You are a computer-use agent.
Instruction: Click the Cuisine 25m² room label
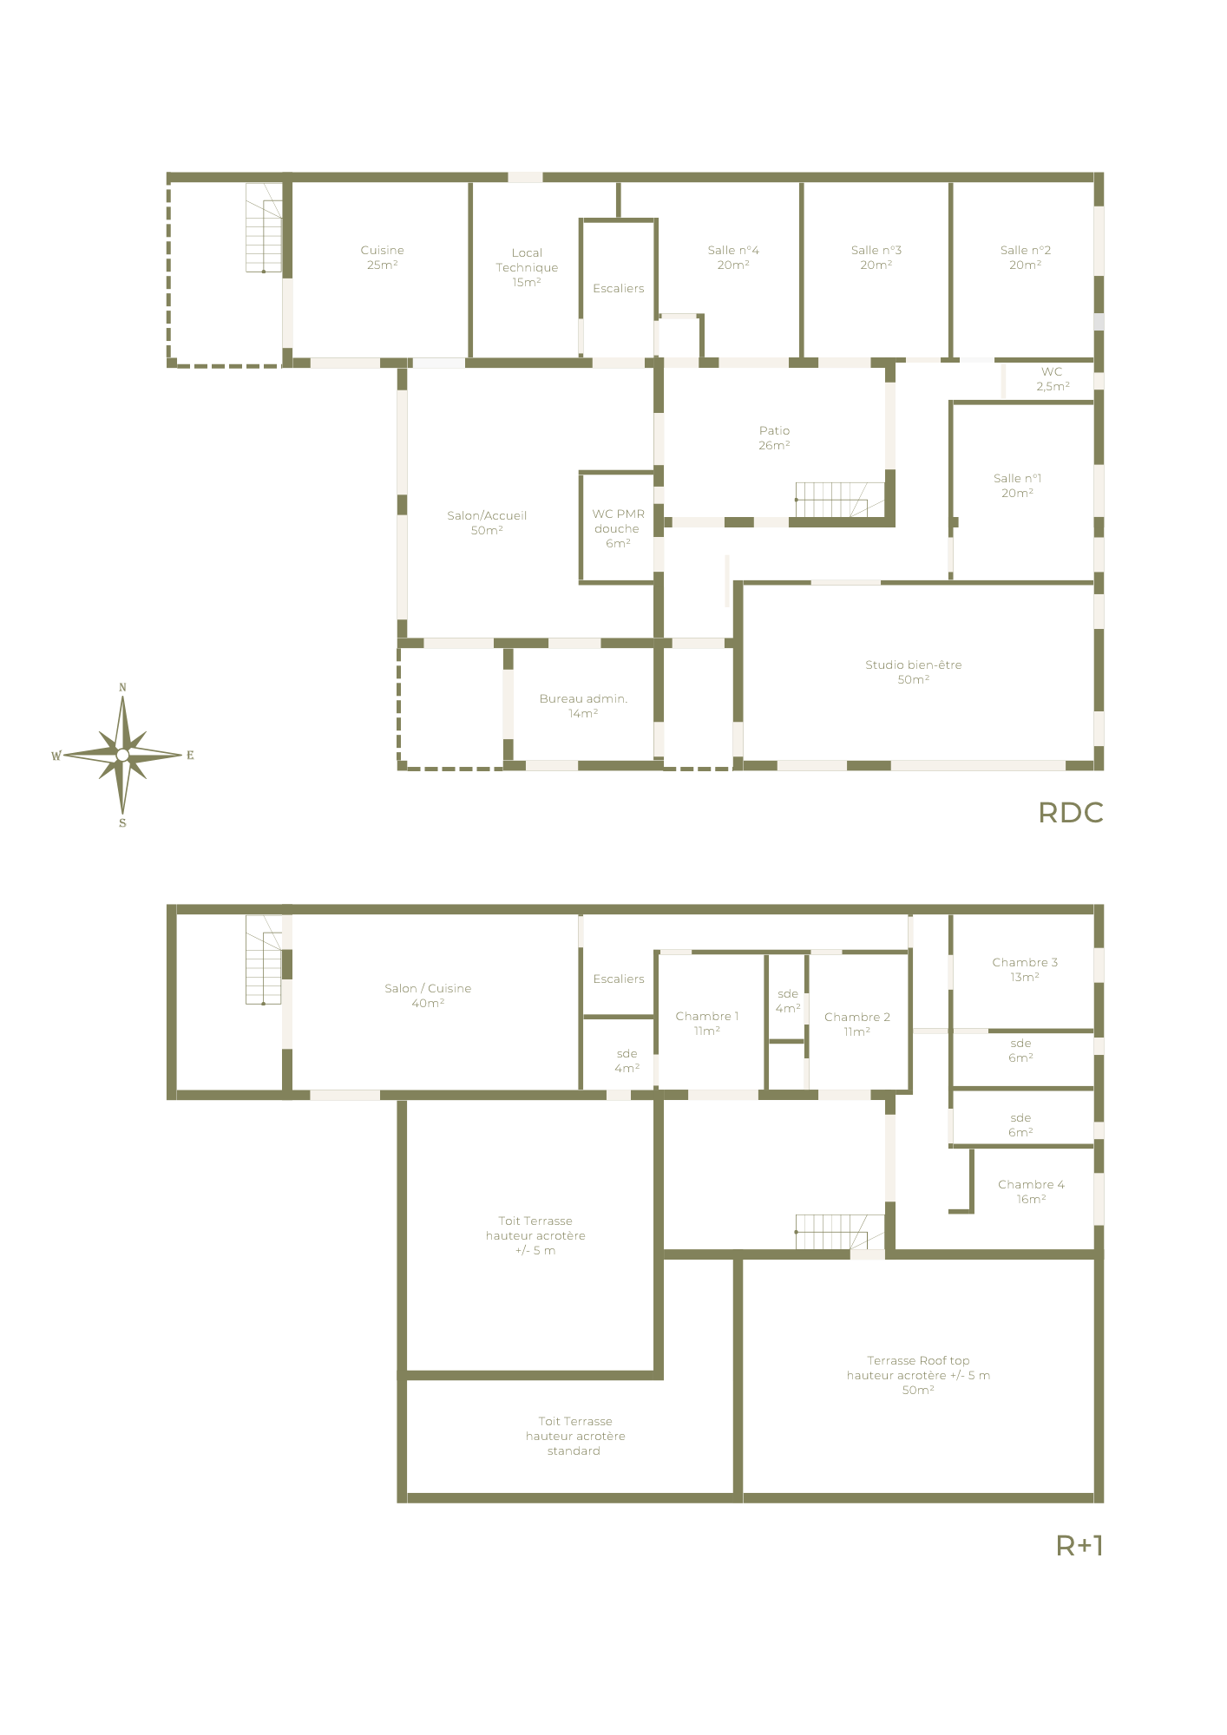[382, 258]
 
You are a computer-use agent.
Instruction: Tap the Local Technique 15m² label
[527, 267]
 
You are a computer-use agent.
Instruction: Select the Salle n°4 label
[733, 258]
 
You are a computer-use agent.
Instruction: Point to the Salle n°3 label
[876, 258]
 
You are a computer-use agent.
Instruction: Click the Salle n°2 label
[1025, 258]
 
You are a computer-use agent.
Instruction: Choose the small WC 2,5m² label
[1053, 379]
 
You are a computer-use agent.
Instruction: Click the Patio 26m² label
[774, 438]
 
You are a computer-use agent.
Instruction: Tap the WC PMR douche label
[618, 528]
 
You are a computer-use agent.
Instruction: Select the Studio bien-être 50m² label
[913, 672]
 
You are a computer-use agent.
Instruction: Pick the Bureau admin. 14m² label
[583, 705]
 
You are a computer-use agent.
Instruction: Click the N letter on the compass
[122, 687]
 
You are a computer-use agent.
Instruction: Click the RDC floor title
[1071, 813]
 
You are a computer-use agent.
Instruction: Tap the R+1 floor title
[1079, 1545]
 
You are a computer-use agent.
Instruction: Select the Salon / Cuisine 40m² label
[428, 996]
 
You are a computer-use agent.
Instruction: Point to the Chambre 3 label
[1025, 970]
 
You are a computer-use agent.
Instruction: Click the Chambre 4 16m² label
[1031, 1192]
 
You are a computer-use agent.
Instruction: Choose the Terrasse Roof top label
[918, 1375]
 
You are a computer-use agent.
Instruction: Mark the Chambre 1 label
[706, 1024]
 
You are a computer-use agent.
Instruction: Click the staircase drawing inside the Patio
[839, 501]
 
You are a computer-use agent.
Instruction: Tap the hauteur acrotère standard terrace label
[574, 1436]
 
